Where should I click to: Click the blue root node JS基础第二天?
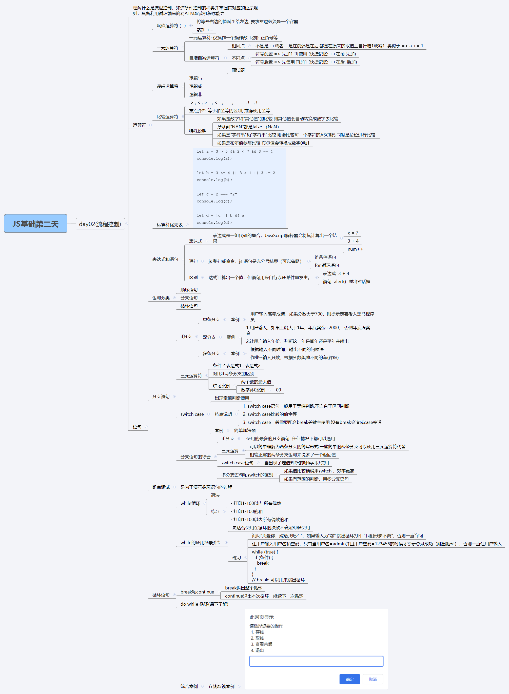35,224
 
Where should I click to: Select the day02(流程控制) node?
100,224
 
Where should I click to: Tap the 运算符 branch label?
139,125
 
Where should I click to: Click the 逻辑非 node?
195,94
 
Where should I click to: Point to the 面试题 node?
238,70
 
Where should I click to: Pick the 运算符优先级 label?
169,225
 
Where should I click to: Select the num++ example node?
355,249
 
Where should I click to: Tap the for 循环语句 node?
327,265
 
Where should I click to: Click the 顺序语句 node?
189,290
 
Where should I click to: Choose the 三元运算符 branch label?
191,376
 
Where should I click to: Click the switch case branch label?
192,414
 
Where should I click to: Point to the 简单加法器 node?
245,430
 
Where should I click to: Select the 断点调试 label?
161,487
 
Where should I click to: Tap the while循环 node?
190,503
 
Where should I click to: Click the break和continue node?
197,592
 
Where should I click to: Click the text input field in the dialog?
316,661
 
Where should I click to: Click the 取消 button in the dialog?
373,679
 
